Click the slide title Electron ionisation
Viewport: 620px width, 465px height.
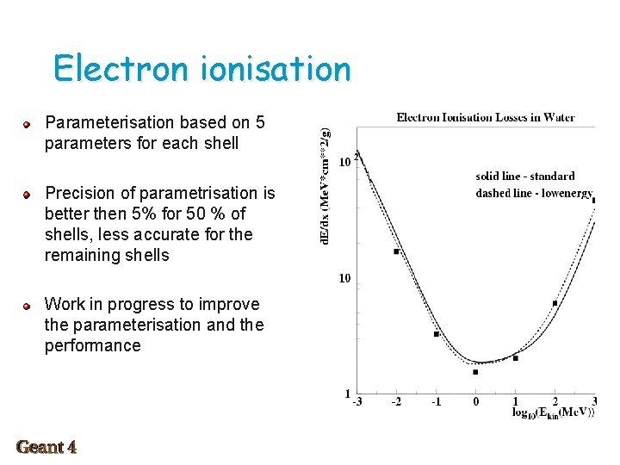click(x=201, y=69)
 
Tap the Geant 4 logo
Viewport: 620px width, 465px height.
click(x=46, y=447)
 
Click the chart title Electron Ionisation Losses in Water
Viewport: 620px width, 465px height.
click(x=486, y=117)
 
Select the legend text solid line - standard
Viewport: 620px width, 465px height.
click(x=525, y=177)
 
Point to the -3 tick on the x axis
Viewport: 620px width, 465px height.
click(x=356, y=401)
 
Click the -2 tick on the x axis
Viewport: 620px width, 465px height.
click(x=396, y=401)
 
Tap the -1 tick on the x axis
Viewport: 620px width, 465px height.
click(x=436, y=401)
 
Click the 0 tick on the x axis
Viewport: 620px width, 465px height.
click(x=476, y=401)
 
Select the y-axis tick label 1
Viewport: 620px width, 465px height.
click(x=347, y=394)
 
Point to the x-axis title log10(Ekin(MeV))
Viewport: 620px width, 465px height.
click(x=552, y=413)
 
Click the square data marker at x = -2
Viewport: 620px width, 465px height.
click(x=396, y=251)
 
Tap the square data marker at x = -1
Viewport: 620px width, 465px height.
click(x=437, y=333)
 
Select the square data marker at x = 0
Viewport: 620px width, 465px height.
click(x=475, y=372)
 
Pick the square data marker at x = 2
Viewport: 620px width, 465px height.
click(x=555, y=303)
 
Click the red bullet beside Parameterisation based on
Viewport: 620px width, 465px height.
click(x=28, y=124)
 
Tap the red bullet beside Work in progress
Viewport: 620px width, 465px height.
click(x=28, y=306)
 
